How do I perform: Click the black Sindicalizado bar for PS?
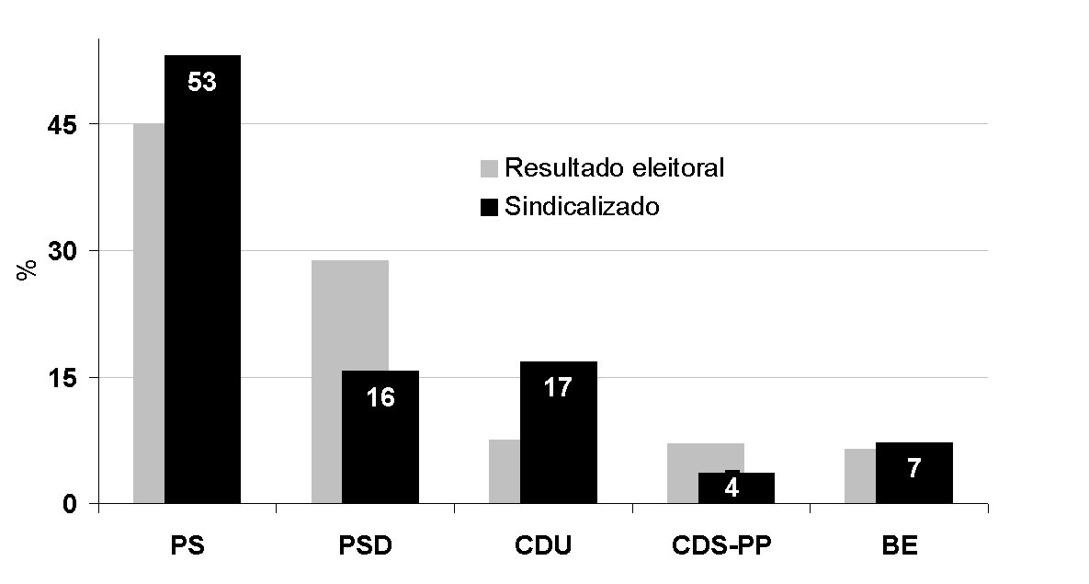coord(202,294)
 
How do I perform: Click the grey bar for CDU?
coord(504,471)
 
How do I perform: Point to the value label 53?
coord(202,82)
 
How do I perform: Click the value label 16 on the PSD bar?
coord(380,398)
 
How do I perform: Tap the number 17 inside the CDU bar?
coord(558,387)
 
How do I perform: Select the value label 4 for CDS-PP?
coord(732,487)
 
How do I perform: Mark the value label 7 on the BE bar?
coord(914,469)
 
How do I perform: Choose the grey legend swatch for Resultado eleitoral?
coord(488,168)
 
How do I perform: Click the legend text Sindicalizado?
coord(582,206)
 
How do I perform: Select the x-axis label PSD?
coord(365,545)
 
